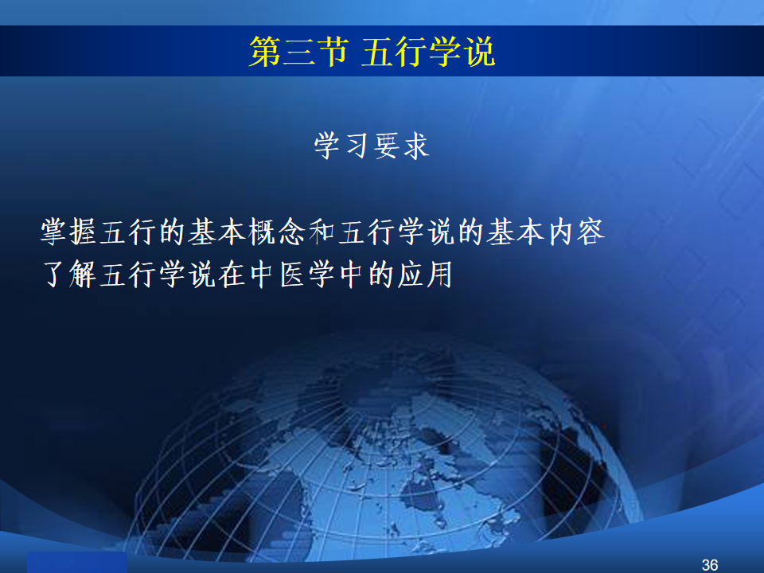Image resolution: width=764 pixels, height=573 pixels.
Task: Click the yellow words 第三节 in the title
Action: point(299,52)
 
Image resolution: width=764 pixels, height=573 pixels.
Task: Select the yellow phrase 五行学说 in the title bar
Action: point(429,52)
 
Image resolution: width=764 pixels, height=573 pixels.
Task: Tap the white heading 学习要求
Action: point(372,146)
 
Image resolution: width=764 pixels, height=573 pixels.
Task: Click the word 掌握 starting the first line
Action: point(68,232)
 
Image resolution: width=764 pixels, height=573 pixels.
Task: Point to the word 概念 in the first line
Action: point(277,232)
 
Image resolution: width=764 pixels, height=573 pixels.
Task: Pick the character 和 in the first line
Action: point(322,232)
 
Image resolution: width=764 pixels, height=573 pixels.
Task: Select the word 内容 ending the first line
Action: point(576,232)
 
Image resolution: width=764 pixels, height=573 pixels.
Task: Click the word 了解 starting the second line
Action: point(68,275)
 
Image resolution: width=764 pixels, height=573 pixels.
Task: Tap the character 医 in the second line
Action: point(293,275)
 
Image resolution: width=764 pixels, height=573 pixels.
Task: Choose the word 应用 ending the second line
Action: point(424,275)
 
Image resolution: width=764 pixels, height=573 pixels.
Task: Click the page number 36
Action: point(710,565)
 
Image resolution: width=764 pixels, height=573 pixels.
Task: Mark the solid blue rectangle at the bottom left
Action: point(77,563)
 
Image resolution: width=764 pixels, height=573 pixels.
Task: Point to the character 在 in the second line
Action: point(232,275)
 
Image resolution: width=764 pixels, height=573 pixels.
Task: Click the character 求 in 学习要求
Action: point(415,146)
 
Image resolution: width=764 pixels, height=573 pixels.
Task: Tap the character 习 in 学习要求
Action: point(357,146)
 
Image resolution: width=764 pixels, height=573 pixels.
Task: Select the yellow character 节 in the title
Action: point(333,52)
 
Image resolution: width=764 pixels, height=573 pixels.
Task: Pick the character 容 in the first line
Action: point(591,232)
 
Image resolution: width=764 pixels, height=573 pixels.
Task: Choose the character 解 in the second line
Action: point(83,275)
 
